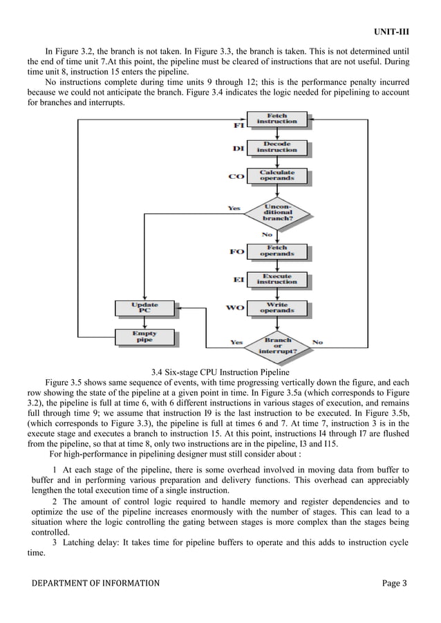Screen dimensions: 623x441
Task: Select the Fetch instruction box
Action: click(x=276, y=119)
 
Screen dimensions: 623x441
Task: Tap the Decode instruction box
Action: click(x=276, y=147)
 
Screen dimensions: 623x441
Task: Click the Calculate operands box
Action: click(x=276, y=175)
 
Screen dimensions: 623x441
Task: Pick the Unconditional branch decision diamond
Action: click(x=276, y=212)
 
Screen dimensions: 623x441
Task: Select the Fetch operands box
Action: click(x=276, y=251)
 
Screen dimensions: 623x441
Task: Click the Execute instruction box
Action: click(x=276, y=279)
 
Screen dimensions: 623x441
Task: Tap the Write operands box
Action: click(x=276, y=308)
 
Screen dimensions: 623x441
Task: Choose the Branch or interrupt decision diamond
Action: click(x=276, y=345)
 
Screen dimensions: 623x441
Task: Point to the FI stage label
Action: click(x=238, y=126)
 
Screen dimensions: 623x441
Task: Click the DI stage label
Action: click(x=238, y=148)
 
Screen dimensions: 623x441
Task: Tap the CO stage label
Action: click(x=237, y=177)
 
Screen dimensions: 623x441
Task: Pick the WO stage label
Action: click(x=236, y=308)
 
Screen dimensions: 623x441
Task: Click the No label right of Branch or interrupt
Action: click(x=317, y=342)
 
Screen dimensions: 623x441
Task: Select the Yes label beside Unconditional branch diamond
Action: click(x=235, y=208)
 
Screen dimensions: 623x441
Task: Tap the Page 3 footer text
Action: click(x=395, y=584)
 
